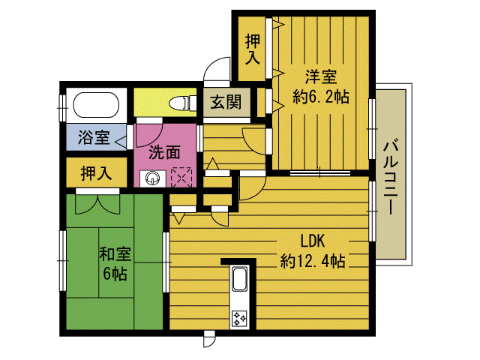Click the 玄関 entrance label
coord(226,102)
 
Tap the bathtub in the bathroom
coord(96,105)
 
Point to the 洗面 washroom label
coord(164,152)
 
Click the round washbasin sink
coord(152,178)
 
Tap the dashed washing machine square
coord(181,177)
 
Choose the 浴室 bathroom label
coord(94,137)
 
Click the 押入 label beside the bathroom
coord(96,173)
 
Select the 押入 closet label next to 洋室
coord(253,49)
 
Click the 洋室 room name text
coord(321,76)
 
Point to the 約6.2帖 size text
coord(321,97)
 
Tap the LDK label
coord(313,241)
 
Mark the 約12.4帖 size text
coord(313,261)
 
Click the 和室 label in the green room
coord(115,253)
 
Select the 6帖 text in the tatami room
coord(115,273)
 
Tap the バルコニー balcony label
coord(391,177)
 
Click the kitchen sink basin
coord(240,279)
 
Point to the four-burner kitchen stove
coord(239,319)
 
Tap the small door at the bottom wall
coord(209,339)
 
